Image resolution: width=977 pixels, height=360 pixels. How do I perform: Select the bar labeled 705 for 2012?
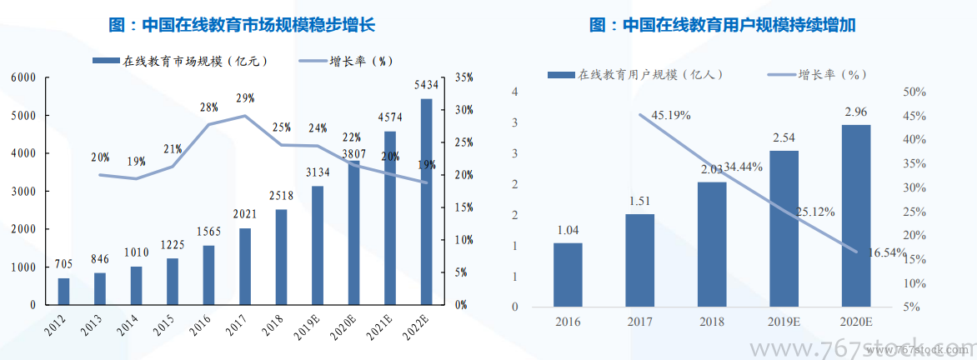pyautogui.click(x=63, y=291)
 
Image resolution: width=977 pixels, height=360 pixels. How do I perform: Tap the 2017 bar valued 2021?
pyautogui.click(x=245, y=267)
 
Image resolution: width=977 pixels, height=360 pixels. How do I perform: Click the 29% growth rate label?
pyautogui.click(x=245, y=98)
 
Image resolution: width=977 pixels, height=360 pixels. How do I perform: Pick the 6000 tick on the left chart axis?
pyautogui.click(x=23, y=77)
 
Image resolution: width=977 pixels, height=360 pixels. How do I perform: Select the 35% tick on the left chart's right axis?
pyautogui.click(x=463, y=77)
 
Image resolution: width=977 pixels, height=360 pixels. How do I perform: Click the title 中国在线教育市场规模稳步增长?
pyautogui.click(x=242, y=25)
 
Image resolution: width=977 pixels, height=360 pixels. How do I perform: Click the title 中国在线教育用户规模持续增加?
pyautogui.click(x=722, y=25)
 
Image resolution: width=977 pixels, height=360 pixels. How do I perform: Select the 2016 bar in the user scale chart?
pyautogui.click(x=567, y=274)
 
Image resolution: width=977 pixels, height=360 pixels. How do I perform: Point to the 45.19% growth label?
pyautogui.click(x=670, y=115)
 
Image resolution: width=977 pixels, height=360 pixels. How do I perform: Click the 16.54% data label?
pyautogui.click(x=883, y=252)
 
